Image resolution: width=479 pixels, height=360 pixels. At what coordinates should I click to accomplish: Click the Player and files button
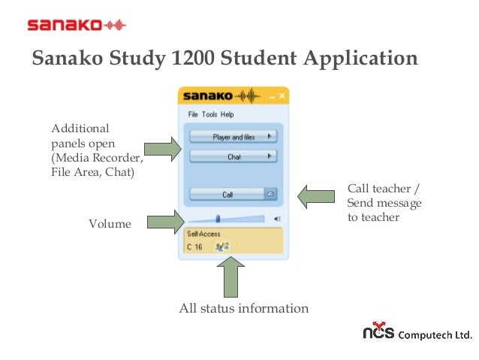coord(233,137)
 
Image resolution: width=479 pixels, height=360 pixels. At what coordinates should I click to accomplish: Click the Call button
coord(227,194)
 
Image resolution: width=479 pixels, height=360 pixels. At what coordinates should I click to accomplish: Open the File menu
coord(193,115)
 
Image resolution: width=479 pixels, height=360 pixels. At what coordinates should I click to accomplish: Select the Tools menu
coord(209,115)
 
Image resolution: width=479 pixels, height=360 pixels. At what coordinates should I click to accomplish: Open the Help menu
coord(227,115)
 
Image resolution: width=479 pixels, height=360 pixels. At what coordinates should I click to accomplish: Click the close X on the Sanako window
coord(282,96)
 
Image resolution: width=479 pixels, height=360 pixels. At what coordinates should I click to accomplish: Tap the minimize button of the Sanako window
coord(272,96)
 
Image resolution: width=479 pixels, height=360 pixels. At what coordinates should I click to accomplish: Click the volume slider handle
coord(218,219)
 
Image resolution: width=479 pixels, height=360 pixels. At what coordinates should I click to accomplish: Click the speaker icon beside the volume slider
coord(277,219)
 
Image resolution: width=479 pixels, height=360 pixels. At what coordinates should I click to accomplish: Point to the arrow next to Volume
coord(165,222)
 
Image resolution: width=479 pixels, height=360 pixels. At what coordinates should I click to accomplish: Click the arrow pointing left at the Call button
coord(315,197)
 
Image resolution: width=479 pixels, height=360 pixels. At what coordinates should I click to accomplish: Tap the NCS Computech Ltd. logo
coord(415,333)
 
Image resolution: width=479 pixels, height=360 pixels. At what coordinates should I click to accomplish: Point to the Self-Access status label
coord(200,234)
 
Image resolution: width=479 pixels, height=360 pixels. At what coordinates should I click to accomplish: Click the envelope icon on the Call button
coord(271,194)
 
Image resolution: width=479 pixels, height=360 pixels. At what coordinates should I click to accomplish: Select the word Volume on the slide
coord(110,224)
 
